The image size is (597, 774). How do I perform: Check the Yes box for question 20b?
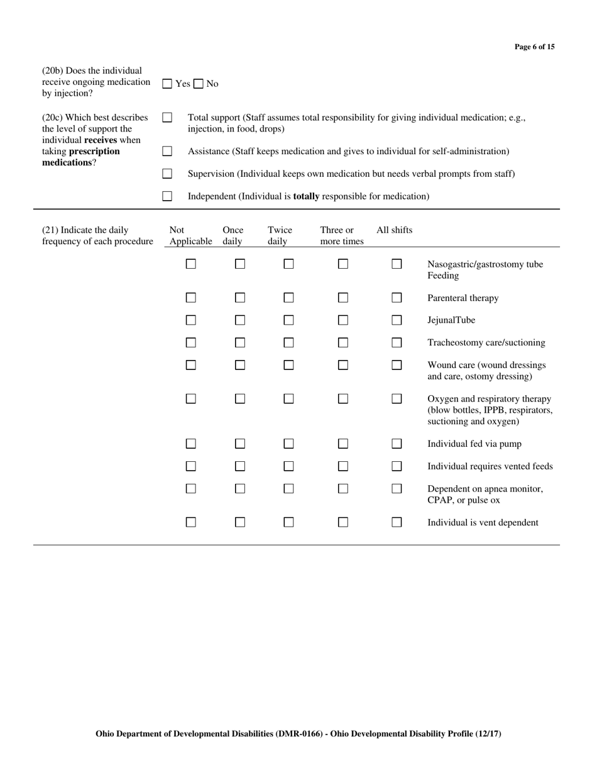[167, 84]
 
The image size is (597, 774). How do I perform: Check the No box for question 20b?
[198, 84]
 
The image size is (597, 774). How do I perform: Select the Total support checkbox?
[167, 118]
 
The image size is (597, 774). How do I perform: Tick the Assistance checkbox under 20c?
[167, 151]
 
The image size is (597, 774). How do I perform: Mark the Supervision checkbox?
[167, 174]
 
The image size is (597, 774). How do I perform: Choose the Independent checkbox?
[167, 196]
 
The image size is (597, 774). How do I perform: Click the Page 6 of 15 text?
[534, 47]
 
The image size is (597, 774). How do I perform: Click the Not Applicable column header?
[190, 235]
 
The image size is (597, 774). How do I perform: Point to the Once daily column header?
[233, 235]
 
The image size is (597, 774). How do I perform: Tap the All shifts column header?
[394, 230]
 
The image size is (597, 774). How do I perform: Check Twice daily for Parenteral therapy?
[288, 298]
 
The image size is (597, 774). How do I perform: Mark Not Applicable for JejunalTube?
[191, 320]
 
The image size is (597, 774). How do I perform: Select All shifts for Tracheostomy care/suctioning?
[397, 343]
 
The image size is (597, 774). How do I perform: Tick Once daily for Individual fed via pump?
[240, 444]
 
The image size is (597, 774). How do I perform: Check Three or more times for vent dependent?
[343, 522]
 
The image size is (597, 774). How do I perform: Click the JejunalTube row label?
[451, 320]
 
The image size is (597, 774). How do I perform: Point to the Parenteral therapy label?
[463, 298]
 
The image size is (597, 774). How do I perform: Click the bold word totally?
[307, 196]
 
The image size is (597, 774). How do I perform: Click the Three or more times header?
[341, 235]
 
